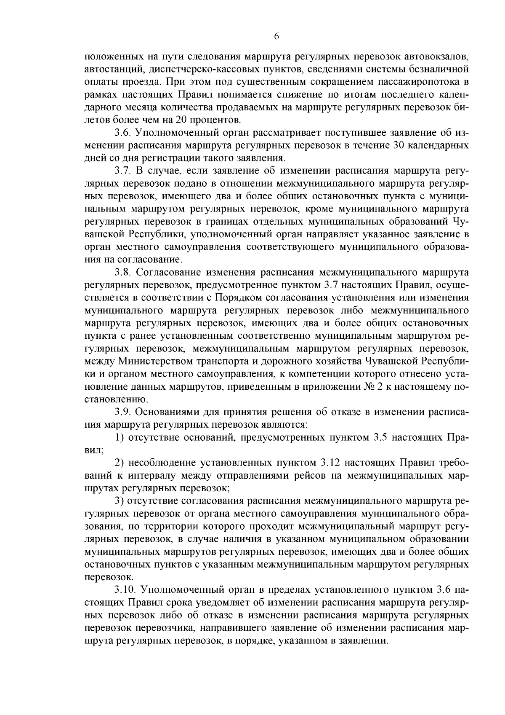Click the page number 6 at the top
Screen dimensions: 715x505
coord(276,37)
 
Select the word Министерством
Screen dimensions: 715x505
coord(156,361)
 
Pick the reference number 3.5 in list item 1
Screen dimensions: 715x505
coord(381,437)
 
